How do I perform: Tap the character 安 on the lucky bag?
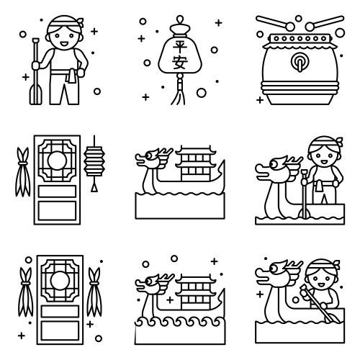pos(180,63)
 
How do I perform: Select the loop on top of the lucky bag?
pos(180,19)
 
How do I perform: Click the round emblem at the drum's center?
pos(300,62)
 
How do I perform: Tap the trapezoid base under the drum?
pos(300,99)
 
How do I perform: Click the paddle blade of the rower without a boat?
pos(36,95)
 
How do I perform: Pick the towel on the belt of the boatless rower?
pos(71,76)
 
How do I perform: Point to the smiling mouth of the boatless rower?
pos(64,44)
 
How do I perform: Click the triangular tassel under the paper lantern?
pos(94,188)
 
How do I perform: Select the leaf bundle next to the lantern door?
pos(23,171)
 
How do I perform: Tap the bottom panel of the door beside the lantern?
pos(57,211)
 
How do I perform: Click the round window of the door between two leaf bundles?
pos(60,281)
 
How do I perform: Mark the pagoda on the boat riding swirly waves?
pos(196,293)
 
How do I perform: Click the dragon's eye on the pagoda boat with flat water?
pos(149,156)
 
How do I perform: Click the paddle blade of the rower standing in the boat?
pos(305,213)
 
